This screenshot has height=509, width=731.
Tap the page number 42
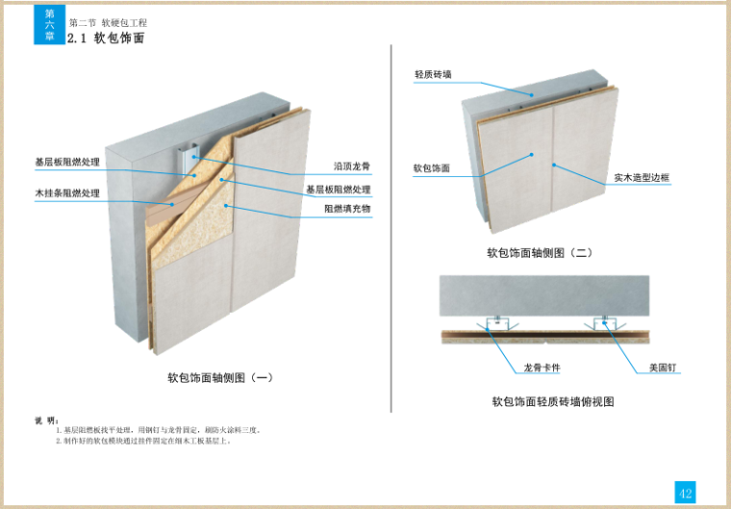click(685, 493)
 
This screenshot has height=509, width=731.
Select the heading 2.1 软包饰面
click(107, 38)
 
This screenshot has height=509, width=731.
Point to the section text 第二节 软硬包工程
click(108, 22)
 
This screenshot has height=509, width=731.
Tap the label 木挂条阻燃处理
click(67, 193)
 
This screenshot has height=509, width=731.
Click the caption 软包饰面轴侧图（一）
click(220, 378)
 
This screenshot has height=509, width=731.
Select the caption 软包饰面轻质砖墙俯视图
click(552, 401)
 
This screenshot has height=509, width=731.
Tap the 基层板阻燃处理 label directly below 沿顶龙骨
click(338, 190)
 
